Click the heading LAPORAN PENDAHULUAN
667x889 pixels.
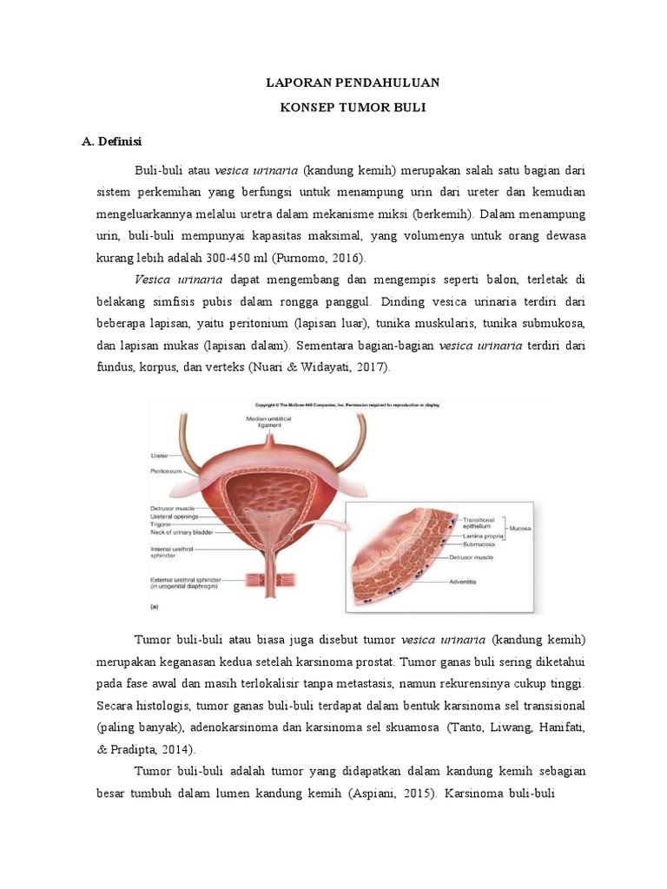click(353, 82)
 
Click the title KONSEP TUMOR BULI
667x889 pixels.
click(353, 110)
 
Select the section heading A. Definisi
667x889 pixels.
click(111, 141)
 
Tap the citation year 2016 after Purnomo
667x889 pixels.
click(347, 258)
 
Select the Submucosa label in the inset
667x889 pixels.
click(480, 544)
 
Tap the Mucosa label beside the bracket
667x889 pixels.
click(521, 528)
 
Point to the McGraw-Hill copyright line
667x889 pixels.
click(347, 405)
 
